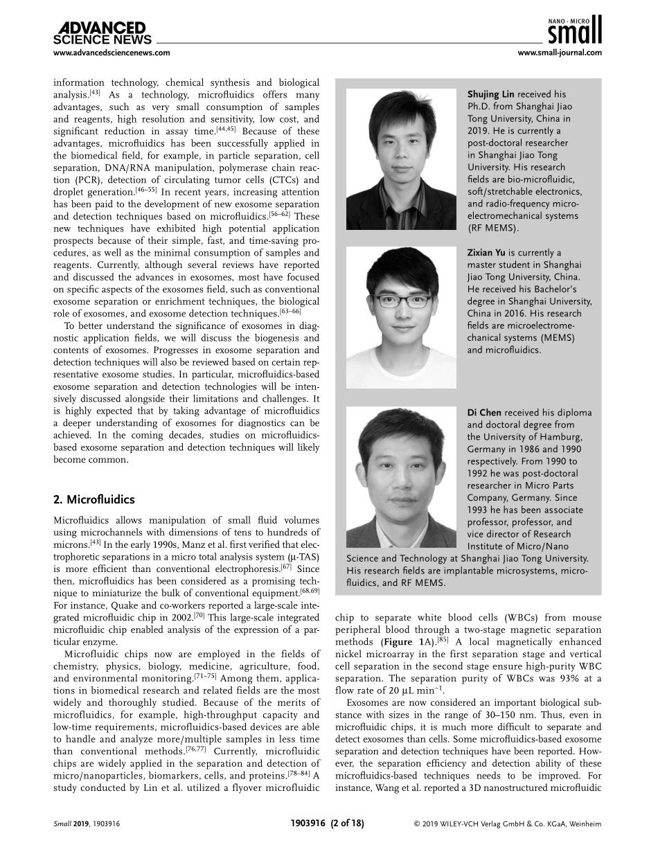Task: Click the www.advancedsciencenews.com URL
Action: tap(112, 53)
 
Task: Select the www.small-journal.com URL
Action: tap(560, 53)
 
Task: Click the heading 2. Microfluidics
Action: tap(94, 499)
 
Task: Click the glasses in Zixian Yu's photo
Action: tap(401, 302)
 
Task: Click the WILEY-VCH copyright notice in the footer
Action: tap(507, 824)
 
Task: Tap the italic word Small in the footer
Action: tap(63, 824)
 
